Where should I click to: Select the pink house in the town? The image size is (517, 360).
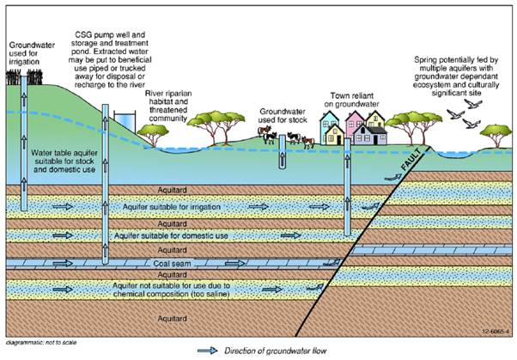[355, 130]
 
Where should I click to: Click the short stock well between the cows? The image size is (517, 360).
[280, 153]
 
